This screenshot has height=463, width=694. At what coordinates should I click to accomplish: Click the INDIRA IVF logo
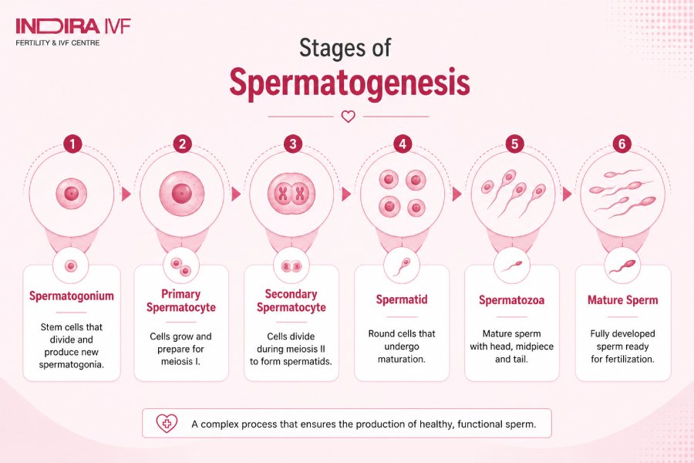pos(73,32)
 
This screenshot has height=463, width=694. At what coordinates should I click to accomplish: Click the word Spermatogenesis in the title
pos(349,83)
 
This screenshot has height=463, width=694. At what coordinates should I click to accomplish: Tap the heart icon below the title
pos(349,117)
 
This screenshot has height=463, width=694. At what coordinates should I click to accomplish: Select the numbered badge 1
pos(72,144)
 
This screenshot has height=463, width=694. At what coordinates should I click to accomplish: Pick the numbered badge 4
pos(403,144)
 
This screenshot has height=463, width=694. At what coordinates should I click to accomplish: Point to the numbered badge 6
pos(622,144)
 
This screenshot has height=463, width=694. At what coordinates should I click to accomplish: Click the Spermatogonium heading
pos(72,296)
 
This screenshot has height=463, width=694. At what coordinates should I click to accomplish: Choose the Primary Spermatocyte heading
pos(181,301)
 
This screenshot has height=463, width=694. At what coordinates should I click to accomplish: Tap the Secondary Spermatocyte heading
pos(291,301)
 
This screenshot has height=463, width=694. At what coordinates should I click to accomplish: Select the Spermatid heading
pos(402,299)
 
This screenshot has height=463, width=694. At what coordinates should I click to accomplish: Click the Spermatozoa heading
pos(512,300)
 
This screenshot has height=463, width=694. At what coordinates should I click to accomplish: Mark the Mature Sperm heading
pos(623,300)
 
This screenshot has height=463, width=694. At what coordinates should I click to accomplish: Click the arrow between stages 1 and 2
pos(126,194)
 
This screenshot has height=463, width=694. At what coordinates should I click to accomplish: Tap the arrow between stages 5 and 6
pos(567,194)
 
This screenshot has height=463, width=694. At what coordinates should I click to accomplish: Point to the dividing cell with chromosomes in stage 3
pos(291,194)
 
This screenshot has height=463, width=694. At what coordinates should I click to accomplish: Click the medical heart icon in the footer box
pos(167,424)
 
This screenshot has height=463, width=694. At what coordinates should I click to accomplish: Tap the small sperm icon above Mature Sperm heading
pos(622,267)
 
